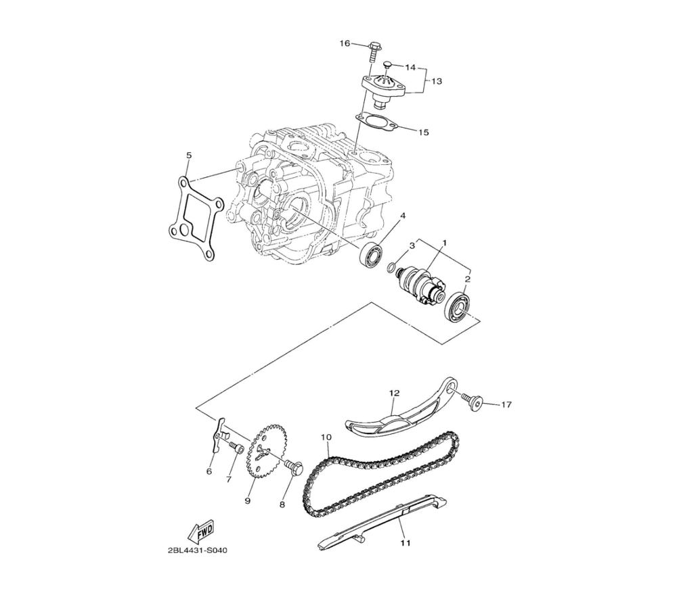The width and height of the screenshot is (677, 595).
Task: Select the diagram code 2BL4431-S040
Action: (197, 551)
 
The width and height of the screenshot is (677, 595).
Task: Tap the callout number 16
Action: (345, 43)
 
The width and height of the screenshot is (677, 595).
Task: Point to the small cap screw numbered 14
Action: (388, 66)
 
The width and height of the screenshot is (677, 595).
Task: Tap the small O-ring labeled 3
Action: (391, 267)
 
